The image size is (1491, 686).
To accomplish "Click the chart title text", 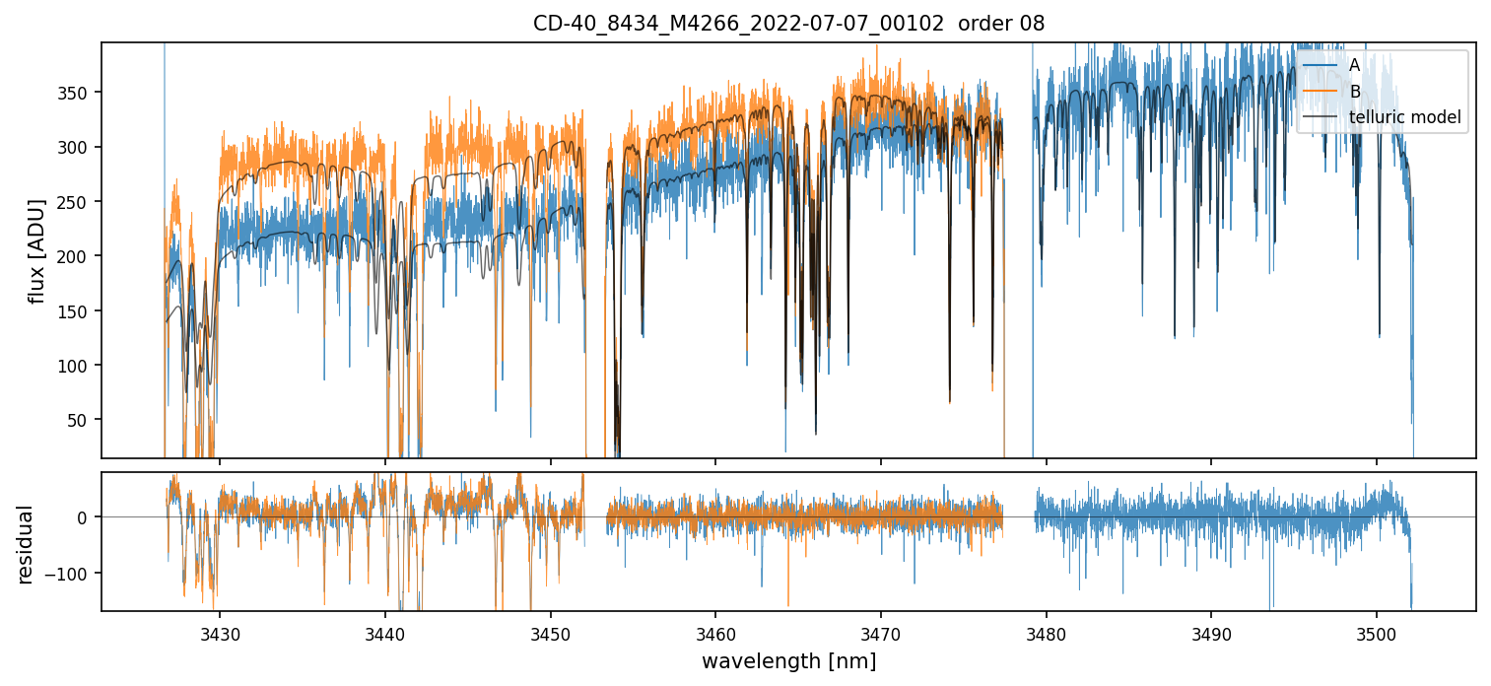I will [788, 23].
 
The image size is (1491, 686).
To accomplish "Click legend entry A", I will [1354, 65].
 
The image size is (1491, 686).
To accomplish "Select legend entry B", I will [1354, 92].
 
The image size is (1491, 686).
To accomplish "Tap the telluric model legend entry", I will [1404, 118].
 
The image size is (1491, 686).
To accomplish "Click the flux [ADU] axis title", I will [36, 250].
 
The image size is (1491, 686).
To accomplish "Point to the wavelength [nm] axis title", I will [788, 660].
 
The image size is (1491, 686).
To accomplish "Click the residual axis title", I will [25, 544].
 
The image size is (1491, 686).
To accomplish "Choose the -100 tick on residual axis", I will [75, 573].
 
